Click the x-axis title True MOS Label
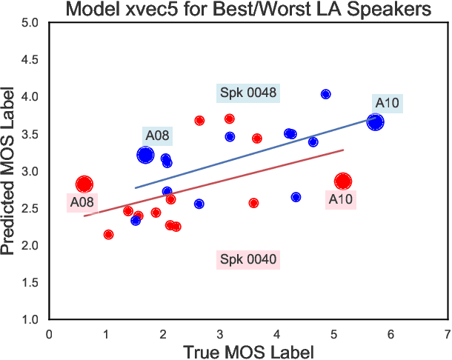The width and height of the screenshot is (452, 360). pos(248,350)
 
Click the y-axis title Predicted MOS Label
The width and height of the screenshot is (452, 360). pos(10,171)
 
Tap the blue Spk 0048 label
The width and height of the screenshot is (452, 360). pos(248,93)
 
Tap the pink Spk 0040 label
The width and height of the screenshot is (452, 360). pos(248,259)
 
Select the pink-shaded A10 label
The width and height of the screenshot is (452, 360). pos(341,199)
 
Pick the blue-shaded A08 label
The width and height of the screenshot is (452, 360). pos(157,136)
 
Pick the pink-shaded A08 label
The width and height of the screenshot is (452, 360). pos(82,202)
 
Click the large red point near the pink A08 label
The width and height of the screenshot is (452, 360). pos(84,184)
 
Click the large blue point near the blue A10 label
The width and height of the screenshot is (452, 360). pos(376,122)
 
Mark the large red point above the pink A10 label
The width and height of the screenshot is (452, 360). pos(342,181)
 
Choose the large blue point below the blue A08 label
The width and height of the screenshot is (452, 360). pos(145,155)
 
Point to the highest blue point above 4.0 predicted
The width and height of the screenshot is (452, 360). pos(325,94)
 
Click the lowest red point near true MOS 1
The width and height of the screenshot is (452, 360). pos(109,235)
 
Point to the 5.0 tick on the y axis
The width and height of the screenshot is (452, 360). pos(30,23)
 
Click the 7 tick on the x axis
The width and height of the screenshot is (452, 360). pos(447,334)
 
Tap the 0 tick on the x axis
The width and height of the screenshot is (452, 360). pos(50,334)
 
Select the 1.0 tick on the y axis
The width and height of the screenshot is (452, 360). pos(30,320)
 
